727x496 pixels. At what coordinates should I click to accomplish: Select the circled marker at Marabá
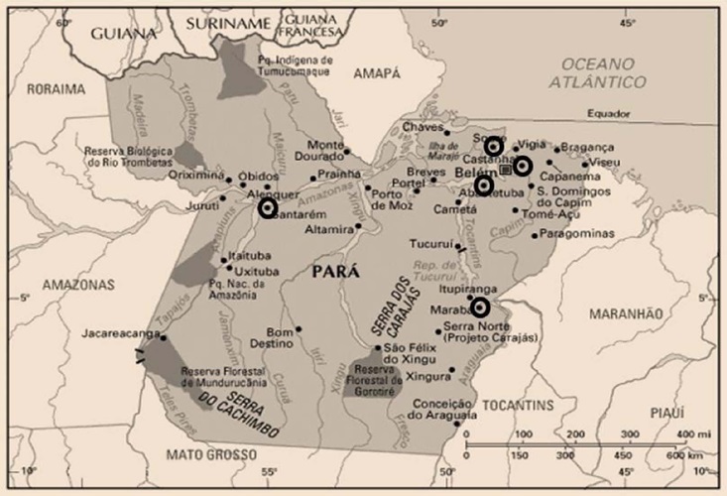pos(481,308)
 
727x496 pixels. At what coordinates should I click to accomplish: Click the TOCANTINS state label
pos(519,407)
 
